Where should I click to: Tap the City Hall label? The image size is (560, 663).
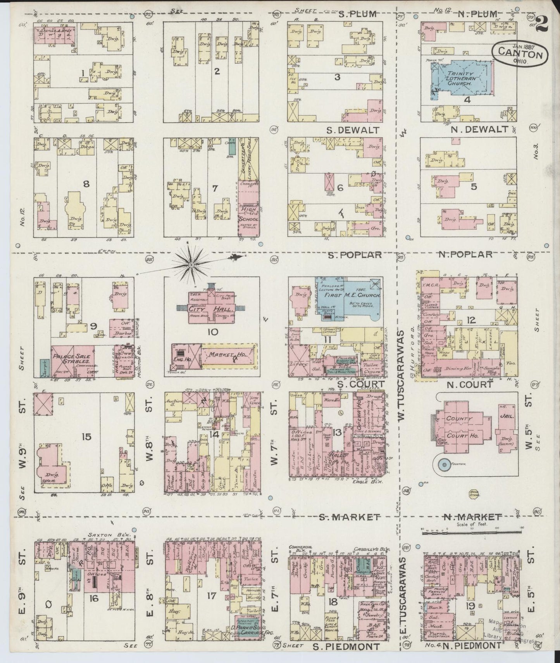pos(210,310)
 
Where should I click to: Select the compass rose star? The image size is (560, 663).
pos(191,264)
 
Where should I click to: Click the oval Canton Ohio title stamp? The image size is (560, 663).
pos(520,55)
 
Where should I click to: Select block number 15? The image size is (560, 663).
pos(86,437)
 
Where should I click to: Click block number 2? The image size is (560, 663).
pos(217,71)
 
